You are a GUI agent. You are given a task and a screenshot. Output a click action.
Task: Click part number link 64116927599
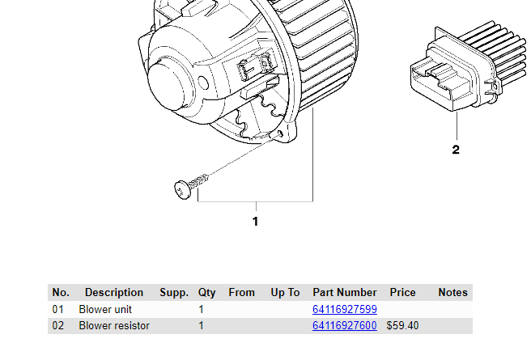point(345,310)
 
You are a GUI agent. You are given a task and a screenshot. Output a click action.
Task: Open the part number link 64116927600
point(345,326)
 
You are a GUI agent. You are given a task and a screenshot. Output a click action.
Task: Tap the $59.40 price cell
point(402,326)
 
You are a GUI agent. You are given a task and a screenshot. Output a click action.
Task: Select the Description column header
point(114,293)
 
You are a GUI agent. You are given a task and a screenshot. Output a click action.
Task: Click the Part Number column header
point(345,293)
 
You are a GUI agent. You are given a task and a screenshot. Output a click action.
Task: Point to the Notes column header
point(452,293)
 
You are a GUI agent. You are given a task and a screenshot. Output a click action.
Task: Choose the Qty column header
point(206,293)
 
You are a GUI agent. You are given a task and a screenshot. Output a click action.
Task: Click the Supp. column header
point(174,293)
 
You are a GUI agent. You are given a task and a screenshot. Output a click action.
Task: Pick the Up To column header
point(285,293)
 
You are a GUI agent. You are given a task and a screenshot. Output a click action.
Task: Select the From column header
point(241,293)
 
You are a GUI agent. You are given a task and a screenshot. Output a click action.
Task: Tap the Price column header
point(402,293)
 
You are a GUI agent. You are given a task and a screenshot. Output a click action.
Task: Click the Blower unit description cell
point(105,310)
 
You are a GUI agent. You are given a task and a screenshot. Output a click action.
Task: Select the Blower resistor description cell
point(114,326)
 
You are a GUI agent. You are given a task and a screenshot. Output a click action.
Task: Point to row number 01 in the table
point(58,310)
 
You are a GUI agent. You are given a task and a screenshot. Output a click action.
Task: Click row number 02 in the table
point(58,326)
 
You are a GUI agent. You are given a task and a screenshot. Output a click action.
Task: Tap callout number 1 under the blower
point(256,221)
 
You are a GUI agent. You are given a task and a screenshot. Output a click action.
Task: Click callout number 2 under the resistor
point(456,150)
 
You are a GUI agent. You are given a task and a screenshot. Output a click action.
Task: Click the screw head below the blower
point(182,188)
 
